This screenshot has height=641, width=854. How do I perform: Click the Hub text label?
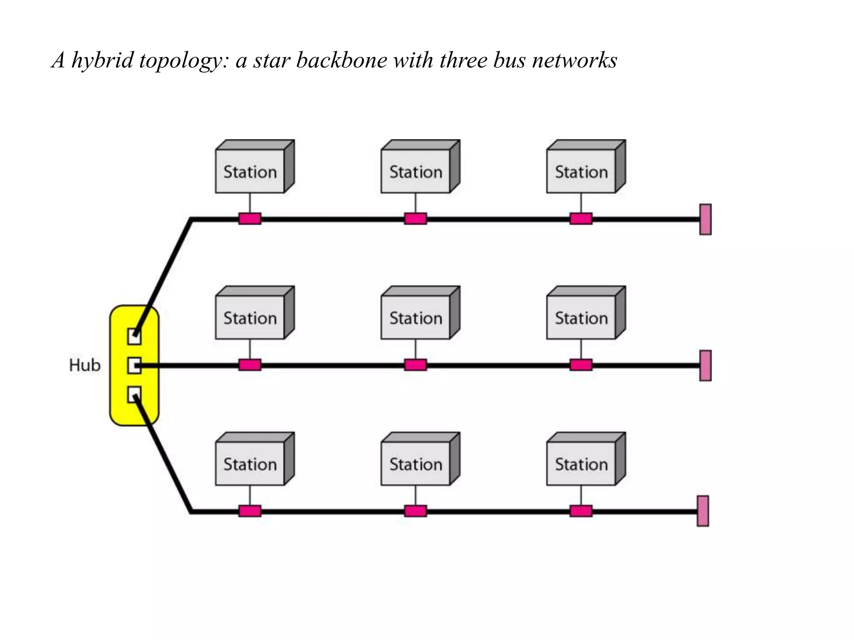tap(85, 365)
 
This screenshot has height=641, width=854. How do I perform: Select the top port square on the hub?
tap(134, 336)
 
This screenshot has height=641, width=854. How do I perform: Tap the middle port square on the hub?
tap(134, 366)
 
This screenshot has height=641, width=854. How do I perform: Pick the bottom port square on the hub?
tap(134, 394)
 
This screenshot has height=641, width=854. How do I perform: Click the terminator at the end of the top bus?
tap(705, 220)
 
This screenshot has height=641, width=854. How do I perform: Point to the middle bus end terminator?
tap(705, 366)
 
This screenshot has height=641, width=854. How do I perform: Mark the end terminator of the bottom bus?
tap(703, 511)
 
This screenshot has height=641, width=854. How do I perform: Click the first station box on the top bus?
tap(250, 171)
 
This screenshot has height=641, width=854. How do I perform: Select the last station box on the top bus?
tap(581, 171)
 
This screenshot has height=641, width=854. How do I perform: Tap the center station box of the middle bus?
tap(416, 318)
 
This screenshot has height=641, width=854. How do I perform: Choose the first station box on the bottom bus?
tap(250, 464)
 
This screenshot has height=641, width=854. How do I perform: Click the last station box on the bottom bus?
tap(581, 464)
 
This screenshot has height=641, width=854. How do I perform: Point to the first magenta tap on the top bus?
tap(250, 219)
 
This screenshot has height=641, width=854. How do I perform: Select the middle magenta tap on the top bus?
tap(415, 219)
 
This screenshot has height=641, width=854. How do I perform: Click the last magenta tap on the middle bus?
tap(581, 365)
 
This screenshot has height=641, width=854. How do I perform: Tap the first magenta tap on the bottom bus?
tap(250, 511)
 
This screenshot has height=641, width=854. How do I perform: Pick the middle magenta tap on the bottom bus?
tap(415, 511)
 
